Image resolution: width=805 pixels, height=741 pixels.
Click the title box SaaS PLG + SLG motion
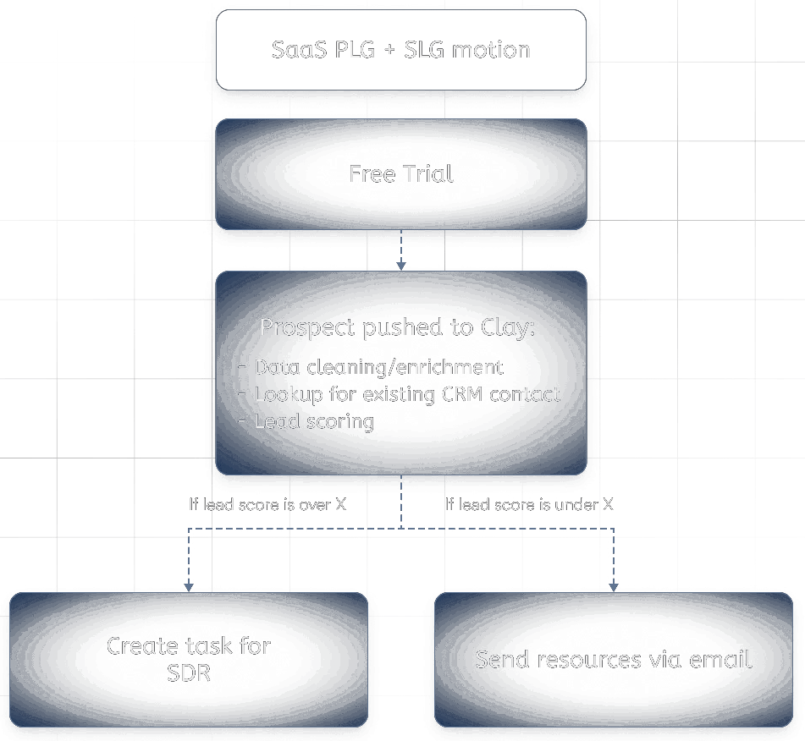coord(400,49)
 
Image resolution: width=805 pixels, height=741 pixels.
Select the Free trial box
coord(400,174)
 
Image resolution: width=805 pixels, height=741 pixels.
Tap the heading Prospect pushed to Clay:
coord(397,327)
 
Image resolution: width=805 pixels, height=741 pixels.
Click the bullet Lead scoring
coord(313,421)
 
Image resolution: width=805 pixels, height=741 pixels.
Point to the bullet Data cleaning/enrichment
coord(378,367)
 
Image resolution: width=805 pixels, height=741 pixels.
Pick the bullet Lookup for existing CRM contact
coord(406,394)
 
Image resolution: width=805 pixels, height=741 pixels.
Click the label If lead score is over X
coord(267,504)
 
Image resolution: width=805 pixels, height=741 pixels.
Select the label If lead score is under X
coord(529,504)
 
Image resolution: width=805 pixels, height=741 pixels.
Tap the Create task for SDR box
coord(189,659)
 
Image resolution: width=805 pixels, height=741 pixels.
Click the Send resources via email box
coord(613,659)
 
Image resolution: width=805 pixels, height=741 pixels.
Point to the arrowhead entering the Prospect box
coord(401,265)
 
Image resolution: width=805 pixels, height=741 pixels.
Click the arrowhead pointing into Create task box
coord(189,585)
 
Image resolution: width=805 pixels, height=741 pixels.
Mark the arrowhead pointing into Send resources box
coord(614,585)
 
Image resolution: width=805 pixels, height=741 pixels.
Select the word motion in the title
coord(491,49)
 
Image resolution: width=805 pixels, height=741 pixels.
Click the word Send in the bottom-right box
coord(502,660)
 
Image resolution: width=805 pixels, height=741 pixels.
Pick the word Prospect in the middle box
coord(307,327)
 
